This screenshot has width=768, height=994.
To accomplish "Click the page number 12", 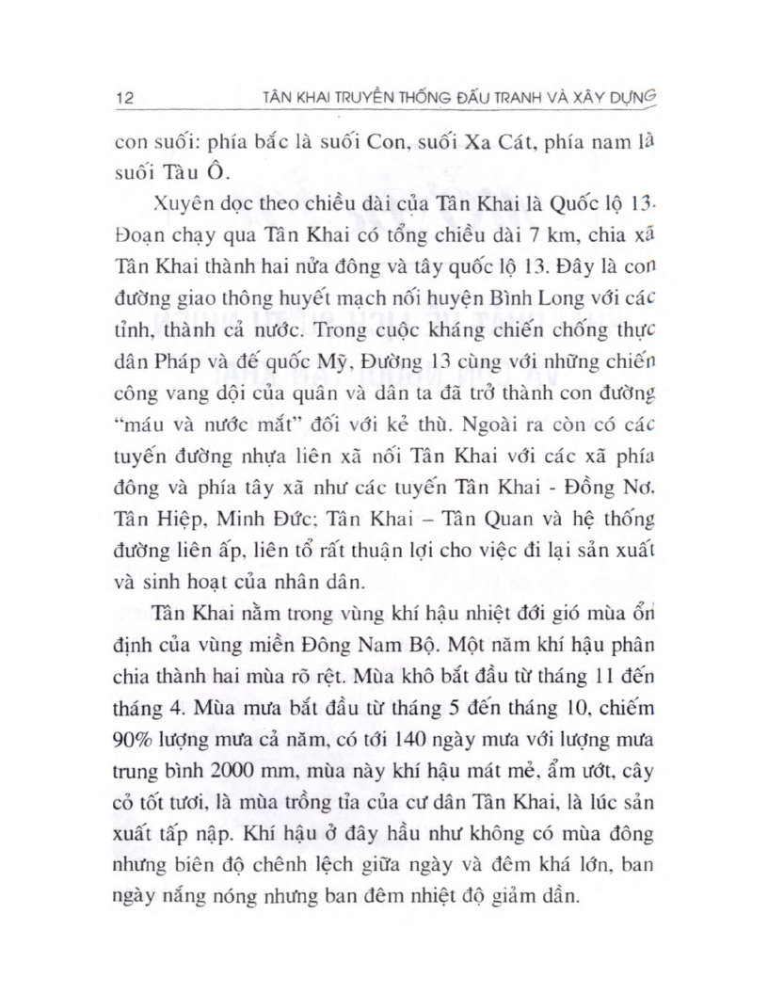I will click(x=122, y=97).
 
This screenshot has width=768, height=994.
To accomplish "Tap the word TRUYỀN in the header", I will click(x=355, y=97).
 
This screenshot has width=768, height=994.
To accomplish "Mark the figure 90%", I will click(x=134, y=738).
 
